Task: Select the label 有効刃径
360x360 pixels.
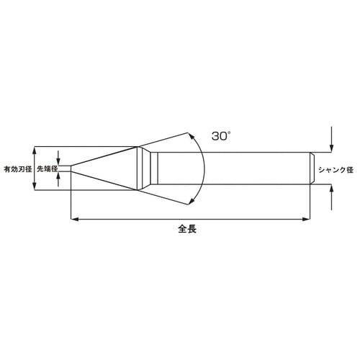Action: [x=17, y=169]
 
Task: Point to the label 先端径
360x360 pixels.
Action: [x=47, y=169]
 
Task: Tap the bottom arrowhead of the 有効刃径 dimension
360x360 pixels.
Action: [x=34, y=189]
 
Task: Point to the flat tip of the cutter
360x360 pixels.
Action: [x=71, y=169]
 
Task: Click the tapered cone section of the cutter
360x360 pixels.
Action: [x=108, y=169]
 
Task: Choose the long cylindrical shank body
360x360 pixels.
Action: [x=230, y=169]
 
